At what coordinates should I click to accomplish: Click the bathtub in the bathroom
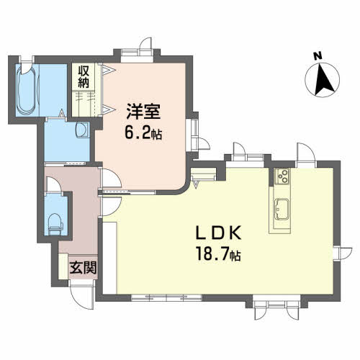coord(28,90)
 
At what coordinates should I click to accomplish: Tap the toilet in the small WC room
coord(55,224)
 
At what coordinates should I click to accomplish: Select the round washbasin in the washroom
coord(82,130)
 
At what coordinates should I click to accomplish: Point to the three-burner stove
coord(282,176)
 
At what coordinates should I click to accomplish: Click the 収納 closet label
coord(84,77)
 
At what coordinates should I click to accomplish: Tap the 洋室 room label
coord(143,112)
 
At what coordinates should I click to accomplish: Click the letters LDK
coord(219,233)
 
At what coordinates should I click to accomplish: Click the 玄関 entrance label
coord(83,267)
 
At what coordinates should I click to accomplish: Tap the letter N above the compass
coord(318,56)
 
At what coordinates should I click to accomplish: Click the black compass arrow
coord(324,81)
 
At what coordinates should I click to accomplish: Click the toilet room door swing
coord(54,184)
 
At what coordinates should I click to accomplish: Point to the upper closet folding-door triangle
coord(109,70)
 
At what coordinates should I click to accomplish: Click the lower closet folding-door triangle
coord(109,109)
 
